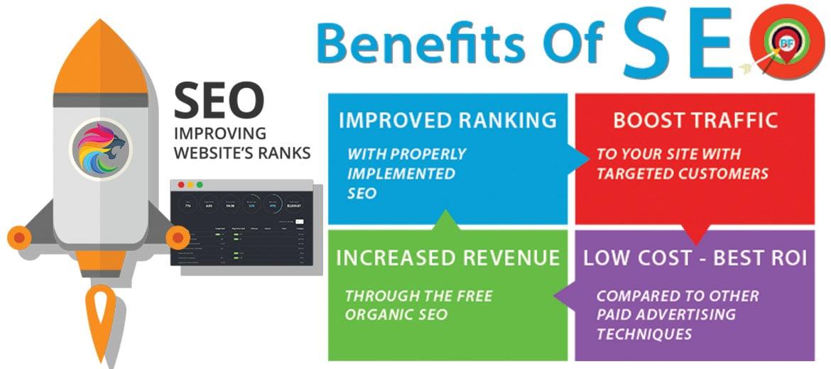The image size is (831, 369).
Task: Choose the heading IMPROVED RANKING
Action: coord(447,120)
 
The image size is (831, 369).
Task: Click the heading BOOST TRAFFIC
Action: coord(695,120)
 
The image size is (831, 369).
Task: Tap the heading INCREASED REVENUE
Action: coord(447,258)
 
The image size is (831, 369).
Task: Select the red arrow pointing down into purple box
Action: coord(695,233)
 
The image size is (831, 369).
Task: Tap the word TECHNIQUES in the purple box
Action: coord(643,334)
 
